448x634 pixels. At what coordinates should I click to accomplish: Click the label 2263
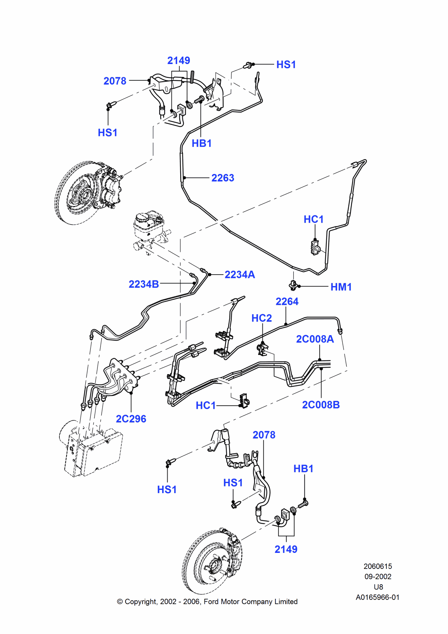(x=223, y=178)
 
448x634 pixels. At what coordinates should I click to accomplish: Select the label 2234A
(x=240, y=275)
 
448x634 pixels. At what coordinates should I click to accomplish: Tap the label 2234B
(x=144, y=284)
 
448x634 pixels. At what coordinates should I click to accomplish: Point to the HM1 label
(x=341, y=287)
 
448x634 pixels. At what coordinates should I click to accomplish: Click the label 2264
(x=287, y=302)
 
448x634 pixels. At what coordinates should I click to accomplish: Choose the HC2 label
(x=261, y=318)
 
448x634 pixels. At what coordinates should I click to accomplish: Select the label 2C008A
(x=315, y=339)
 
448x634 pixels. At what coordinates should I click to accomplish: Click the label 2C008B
(x=321, y=405)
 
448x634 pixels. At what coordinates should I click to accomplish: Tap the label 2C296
(x=131, y=419)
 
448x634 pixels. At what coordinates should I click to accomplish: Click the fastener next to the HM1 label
(x=293, y=285)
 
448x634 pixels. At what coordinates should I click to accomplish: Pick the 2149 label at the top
(x=178, y=60)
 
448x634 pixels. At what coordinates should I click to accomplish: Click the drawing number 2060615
(x=378, y=566)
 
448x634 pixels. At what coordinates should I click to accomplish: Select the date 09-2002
(x=378, y=576)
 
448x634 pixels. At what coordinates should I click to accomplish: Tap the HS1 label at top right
(x=286, y=65)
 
